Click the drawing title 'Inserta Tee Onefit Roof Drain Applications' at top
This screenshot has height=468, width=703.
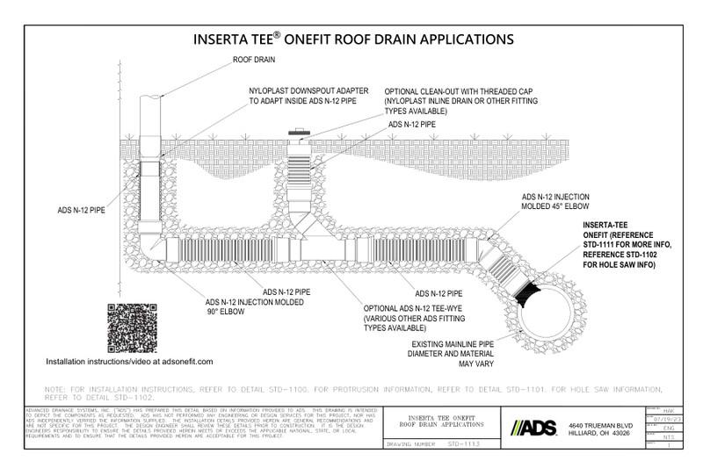[351, 40]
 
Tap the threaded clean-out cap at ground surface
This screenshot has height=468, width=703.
[297, 135]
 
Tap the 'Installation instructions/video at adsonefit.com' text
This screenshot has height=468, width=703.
[129, 361]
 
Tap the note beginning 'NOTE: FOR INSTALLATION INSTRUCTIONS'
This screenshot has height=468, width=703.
[351, 392]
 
